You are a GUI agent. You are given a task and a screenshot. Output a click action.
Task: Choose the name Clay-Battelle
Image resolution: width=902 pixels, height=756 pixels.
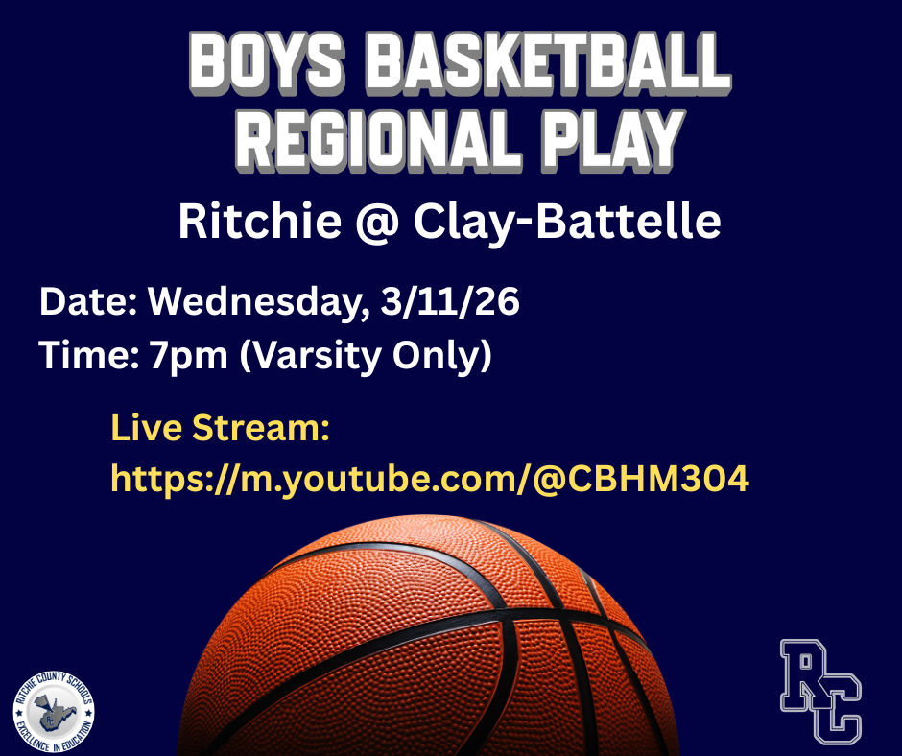click(567, 223)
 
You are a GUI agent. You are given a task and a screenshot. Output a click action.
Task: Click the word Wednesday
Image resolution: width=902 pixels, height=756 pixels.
click(257, 304)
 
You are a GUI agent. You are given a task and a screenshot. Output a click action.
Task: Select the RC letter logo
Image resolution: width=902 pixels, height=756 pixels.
click(820, 690)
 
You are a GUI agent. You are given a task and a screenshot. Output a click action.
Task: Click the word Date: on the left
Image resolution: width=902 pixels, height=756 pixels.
click(88, 303)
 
